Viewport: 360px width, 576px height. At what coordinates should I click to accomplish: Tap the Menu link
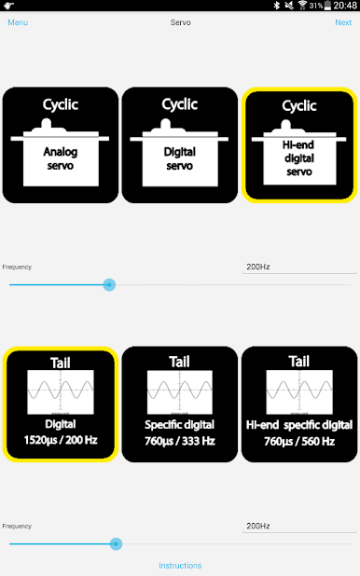pyautogui.click(x=18, y=22)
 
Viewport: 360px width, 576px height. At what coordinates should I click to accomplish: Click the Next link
pyautogui.click(x=343, y=22)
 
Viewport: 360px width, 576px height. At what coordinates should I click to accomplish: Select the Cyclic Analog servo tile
pyautogui.click(x=61, y=145)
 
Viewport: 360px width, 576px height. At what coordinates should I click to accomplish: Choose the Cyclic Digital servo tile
pyautogui.click(x=180, y=145)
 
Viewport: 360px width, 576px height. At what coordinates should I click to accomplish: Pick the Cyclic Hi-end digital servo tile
pyautogui.click(x=299, y=145)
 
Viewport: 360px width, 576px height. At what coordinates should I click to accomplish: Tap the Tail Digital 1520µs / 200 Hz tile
pyautogui.click(x=61, y=405)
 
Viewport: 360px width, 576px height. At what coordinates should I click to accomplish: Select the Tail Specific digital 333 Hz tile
pyautogui.click(x=180, y=405)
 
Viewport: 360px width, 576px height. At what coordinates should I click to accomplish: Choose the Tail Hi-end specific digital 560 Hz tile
pyautogui.click(x=299, y=405)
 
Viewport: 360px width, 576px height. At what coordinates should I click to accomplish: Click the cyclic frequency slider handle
pyautogui.click(x=109, y=284)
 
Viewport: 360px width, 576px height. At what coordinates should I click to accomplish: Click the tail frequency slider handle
pyautogui.click(x=116, y=543)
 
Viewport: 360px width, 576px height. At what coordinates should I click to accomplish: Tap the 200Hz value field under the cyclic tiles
pyautogui.click(x=299, y=267)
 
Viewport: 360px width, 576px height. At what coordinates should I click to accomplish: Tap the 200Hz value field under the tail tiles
pyautogui.click(x=299, y=526)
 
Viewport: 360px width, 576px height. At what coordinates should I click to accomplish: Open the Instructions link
pyautogui.click(x=180, y=566)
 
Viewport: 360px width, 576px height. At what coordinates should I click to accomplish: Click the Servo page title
pyautogui.click(x=180, y=22)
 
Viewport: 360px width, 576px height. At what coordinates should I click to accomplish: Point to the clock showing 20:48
pyautogui.click(x=345, y=6)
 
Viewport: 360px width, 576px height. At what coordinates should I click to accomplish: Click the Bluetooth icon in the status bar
pyautogui.click(x=276, y=6)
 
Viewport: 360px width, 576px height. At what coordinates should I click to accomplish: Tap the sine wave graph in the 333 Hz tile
pyautogui.click(x=180, y=392)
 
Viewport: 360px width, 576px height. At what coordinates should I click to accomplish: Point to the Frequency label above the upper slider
pyautogui.click(x=17, y=267)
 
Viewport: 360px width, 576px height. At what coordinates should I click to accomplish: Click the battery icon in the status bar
pyautogui.click(x=327, y=6)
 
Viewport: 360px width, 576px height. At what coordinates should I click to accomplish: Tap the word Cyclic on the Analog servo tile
pyautogui.click(x=61, y=104)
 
